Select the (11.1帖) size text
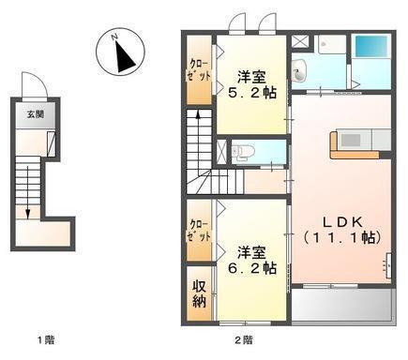339,238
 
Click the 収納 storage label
199,292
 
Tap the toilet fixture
239,150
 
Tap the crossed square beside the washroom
300,42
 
